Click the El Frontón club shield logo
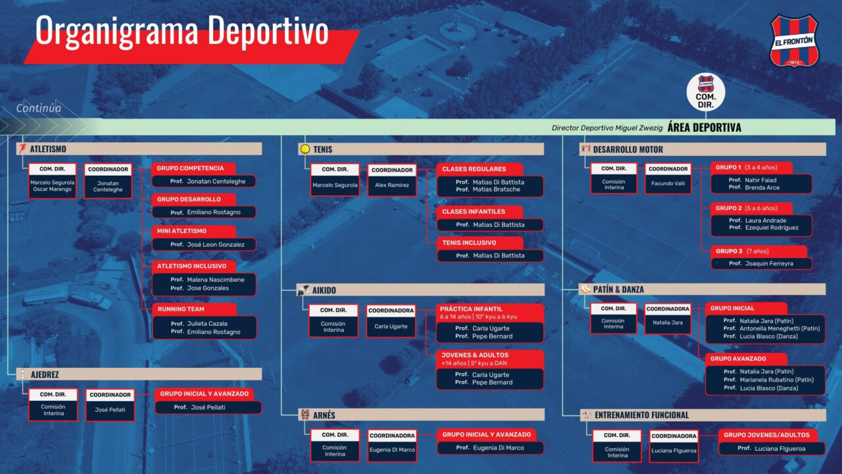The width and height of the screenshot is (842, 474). click(794, 41)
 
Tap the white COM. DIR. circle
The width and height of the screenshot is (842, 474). click(706, 92)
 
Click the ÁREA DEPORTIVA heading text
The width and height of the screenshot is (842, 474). click(704, 128)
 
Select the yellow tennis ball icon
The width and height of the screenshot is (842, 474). click(305, 149)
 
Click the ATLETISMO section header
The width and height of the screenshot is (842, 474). click(139, 149)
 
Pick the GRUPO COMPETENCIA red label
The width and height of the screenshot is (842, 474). click(193, 169)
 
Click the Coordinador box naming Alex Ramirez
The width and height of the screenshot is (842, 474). click(391, 180)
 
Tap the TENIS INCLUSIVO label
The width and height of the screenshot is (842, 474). click(480, 243)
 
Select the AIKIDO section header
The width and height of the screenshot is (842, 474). click(420, 290)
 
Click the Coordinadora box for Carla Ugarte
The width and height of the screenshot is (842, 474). click(391, 321)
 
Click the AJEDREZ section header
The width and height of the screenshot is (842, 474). click(139, 375)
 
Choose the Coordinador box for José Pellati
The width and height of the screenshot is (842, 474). click(110, 405)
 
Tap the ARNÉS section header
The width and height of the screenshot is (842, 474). click(421, 415)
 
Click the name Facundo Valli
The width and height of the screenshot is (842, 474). click(668, 184)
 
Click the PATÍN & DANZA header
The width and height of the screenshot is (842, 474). click(702, 289)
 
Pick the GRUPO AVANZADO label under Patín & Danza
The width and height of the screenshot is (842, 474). click(746, 359)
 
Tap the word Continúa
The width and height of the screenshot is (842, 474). click(38, 109)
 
